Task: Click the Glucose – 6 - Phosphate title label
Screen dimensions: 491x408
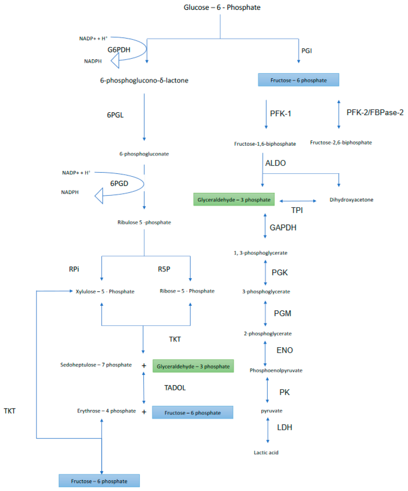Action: [222, 7]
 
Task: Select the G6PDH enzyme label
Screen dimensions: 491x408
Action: [119, 50]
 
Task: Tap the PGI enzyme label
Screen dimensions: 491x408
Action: [306, 51]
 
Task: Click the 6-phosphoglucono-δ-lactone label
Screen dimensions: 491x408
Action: [144, 80]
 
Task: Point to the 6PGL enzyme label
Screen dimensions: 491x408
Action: [115, 115]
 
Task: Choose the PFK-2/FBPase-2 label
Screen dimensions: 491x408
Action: [375, 113]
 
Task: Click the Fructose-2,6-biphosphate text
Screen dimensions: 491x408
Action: [341, 142]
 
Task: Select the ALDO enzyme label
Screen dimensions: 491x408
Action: [275, 163]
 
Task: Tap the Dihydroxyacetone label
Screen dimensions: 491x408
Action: [351, 200]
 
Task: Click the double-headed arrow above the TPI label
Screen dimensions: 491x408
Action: [298, 201]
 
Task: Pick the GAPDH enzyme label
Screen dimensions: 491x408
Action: [283, 228]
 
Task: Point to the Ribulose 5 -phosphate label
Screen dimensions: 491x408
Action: [144, 222]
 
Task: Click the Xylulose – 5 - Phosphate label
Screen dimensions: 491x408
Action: [105, 292]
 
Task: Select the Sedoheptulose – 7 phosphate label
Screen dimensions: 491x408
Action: [96, 365]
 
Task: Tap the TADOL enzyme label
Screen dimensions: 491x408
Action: [175, 388]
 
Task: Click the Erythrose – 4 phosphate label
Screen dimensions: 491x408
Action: [107, 411]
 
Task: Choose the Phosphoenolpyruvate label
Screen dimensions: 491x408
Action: [276, 370]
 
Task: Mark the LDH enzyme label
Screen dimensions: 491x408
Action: [284, 427]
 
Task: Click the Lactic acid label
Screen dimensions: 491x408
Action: [266, 452]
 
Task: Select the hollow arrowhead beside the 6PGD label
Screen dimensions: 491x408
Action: [99, 196]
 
